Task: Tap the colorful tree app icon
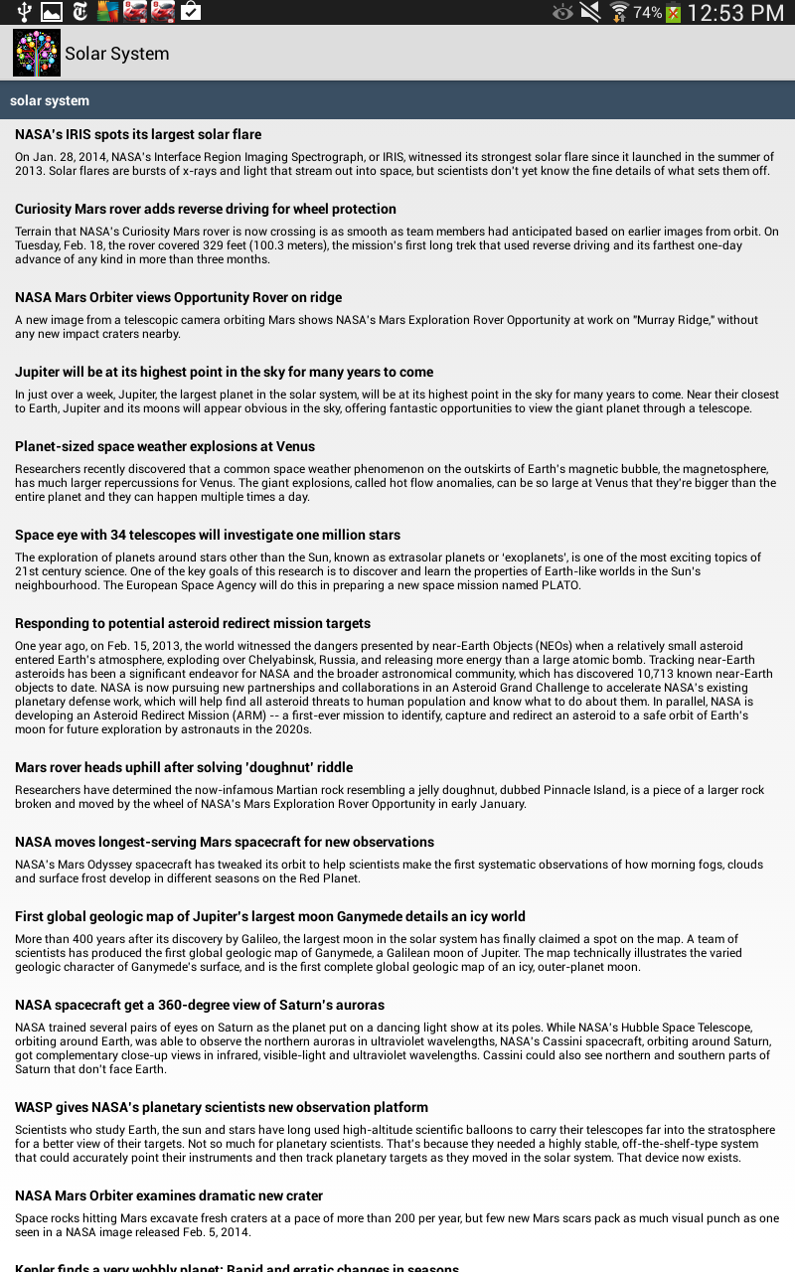[37, 53]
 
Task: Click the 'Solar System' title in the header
[117, 54]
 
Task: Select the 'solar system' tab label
[50, 100]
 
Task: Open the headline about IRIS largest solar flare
[138, 134]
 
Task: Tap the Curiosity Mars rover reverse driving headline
[206, 209]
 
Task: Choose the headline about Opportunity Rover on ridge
[178, 297]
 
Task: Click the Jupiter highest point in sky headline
[224, 372]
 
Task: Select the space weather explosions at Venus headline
[165, 446]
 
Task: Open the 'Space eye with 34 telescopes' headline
[208, 535]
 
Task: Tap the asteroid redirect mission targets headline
[193, 623]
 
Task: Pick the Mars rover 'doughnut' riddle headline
[184, 767]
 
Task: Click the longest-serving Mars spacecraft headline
[225, 842]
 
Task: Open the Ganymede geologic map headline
[270, 916]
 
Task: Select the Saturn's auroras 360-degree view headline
[200, 1005]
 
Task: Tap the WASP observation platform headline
[222, 1107]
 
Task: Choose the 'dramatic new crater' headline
[169, 1195]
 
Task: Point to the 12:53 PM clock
[735, 13]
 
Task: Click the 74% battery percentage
[647, 13]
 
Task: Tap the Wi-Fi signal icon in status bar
[619, 12]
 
